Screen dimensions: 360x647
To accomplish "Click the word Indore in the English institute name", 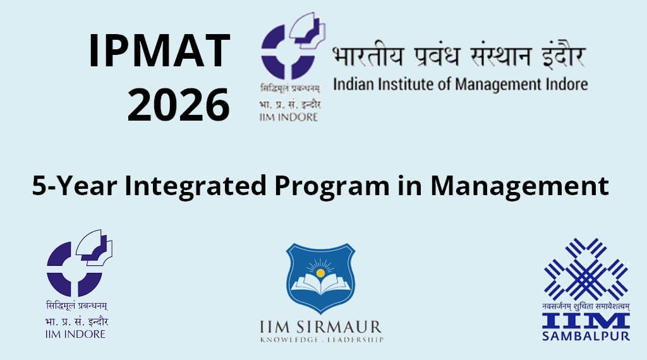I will click(x=564, y=84).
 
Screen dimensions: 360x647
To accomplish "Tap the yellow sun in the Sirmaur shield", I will click(x=320, y=272).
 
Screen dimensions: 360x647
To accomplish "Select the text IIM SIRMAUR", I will click(x=320, y=327).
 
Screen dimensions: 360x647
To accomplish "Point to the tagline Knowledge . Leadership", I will click(x=320, y=340).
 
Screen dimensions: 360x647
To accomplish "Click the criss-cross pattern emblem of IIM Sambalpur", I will click(x=586, y=268).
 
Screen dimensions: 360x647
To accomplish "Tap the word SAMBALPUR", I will click(x=586, y=336).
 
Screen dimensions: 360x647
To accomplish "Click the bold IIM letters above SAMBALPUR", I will click(x=586, y=320).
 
